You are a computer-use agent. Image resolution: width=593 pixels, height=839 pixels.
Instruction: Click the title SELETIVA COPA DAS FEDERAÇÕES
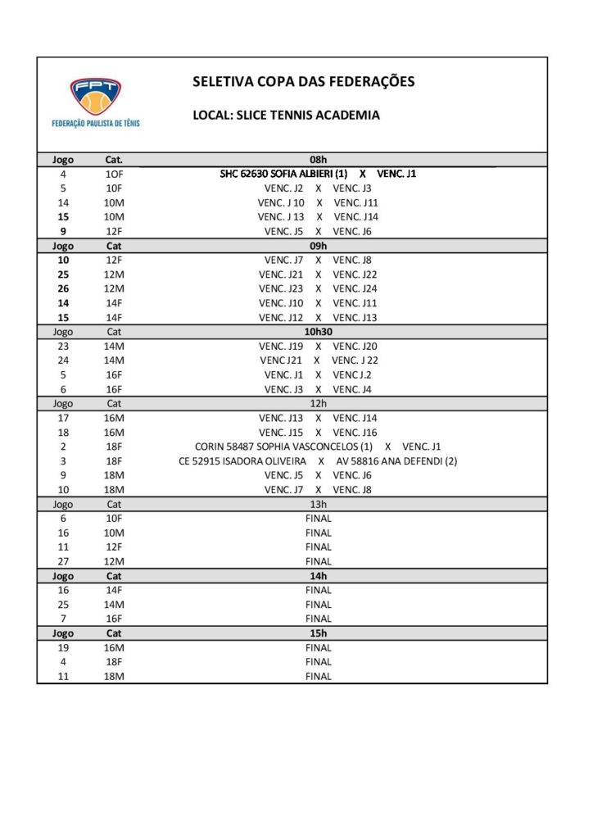pyautogui.click(x=303, y=81)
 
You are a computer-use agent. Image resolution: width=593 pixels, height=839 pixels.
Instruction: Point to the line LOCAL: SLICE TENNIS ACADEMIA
pyautogui.click(x=286, y=116)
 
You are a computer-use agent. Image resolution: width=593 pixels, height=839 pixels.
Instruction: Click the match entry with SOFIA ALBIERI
pyautogui.click(x=318, y=174)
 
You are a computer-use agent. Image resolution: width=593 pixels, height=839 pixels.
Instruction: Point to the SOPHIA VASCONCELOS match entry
pyautogui.click(x=318, y=447)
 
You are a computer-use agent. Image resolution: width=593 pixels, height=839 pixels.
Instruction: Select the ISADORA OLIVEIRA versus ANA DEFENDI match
pyautogui.click(x=318, y=461)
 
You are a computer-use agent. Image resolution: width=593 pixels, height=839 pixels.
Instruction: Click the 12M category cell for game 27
pyautogui.click(x=114, y=561)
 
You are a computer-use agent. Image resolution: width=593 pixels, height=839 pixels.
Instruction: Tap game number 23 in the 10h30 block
pyautogui.click(x=63, y=346)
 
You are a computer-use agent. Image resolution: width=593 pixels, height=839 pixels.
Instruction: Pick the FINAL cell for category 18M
pyautogui.click(x=318, y=676)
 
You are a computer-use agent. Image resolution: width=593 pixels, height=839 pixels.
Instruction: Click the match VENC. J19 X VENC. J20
pyautogui.click(x=318, y=346)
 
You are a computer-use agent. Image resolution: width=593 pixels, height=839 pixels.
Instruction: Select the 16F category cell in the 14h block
pyautogui.click(x=114, y=619)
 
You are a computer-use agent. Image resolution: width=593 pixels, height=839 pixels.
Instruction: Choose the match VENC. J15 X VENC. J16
pyautogui.click(x=318, y=432)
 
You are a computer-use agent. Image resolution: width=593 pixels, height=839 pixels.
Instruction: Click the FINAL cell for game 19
pyautogui.click(x=318, y=647)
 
